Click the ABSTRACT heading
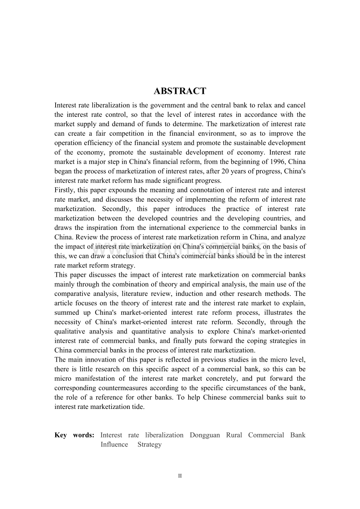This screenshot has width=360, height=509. point(180,91)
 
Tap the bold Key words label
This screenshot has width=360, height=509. point(74,435)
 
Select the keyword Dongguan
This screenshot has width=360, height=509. point(204,435)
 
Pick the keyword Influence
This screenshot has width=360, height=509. point(114,444)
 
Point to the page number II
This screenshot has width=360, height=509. point(180,476)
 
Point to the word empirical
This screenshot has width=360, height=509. point(219,284)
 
